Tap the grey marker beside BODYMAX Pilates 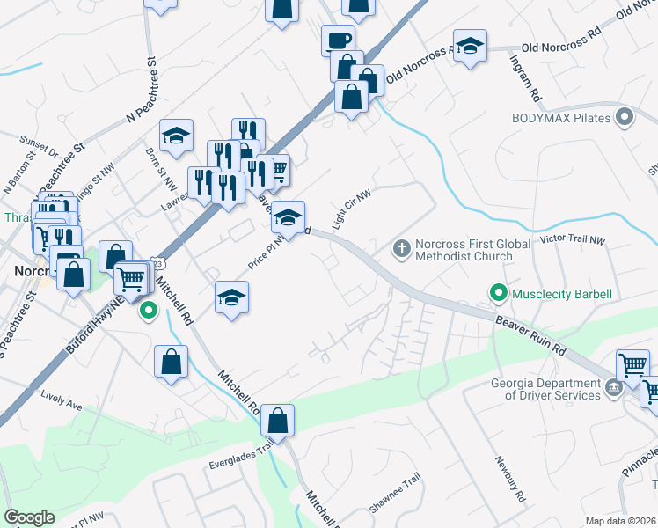coord(625,116)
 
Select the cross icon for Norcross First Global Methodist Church coord(401,248)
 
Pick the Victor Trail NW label coord(573,239)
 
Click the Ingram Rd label coord(524,78)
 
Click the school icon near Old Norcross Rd coord(471,47)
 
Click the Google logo coord(30,518)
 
